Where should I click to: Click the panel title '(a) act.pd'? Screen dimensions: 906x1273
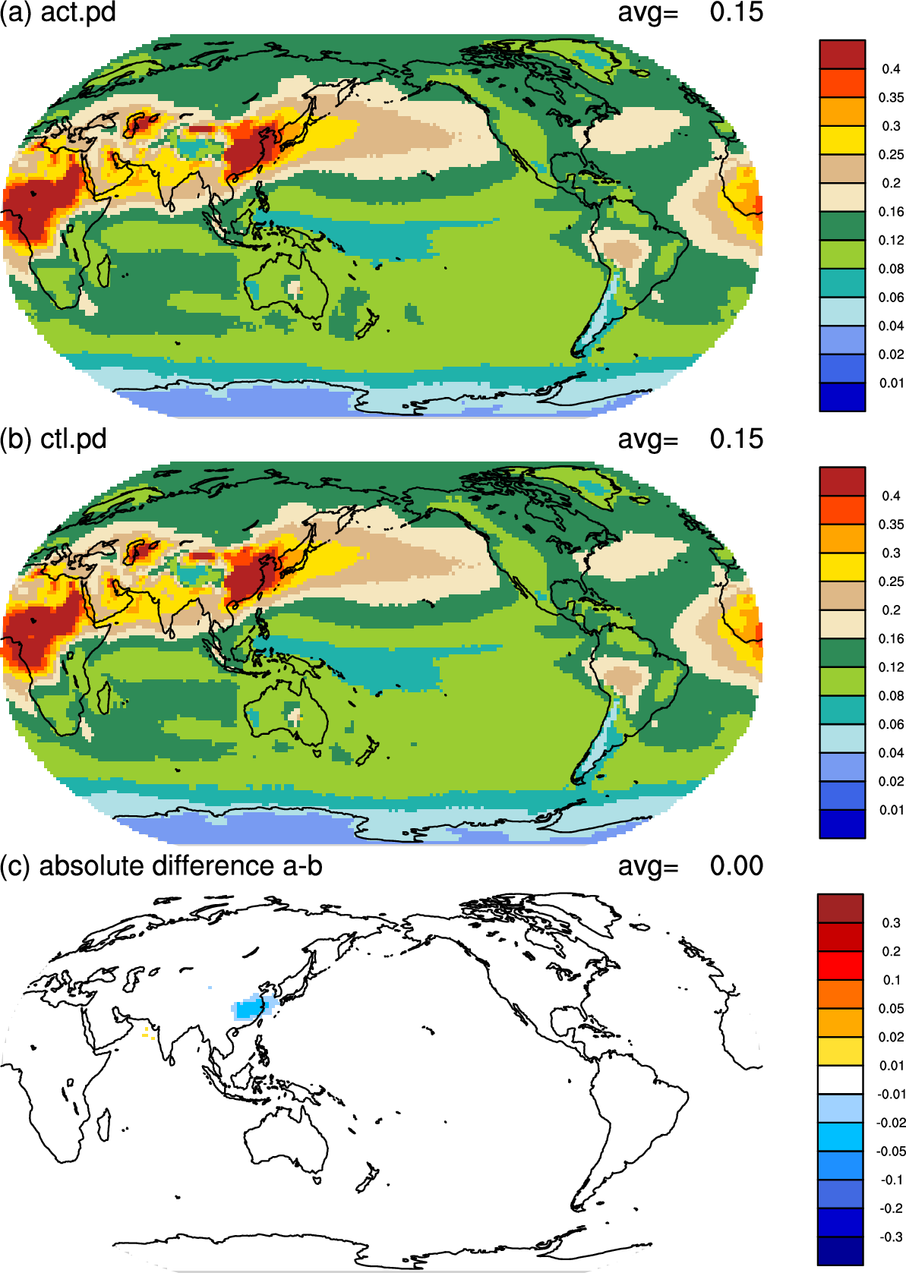click(x=58, y=12)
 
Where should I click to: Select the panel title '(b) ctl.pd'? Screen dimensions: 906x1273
click(x=53, y=440)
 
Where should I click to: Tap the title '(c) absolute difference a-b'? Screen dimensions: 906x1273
click(x=161, y=866)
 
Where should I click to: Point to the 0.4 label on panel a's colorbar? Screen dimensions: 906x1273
click(x=891, y=69)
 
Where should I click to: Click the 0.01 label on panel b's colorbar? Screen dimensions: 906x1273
click(x=892, y=810)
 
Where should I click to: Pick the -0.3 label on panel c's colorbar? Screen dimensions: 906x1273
click(x=892, y=1237)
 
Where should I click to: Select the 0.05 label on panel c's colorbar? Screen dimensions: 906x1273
click(x=892, y=1009)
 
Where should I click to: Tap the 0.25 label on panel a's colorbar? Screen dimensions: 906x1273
click(x=892, y=155)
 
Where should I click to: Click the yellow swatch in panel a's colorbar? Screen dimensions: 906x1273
click(x=842, y=140)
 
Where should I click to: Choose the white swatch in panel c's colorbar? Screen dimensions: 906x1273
click(x=840, y=1079)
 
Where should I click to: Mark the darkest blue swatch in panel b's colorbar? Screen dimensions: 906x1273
click(x=842, y=824)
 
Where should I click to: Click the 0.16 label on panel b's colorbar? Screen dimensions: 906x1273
click(x=892, y=638)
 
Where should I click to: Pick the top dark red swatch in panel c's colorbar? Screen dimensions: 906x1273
click(x=840, y=908)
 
